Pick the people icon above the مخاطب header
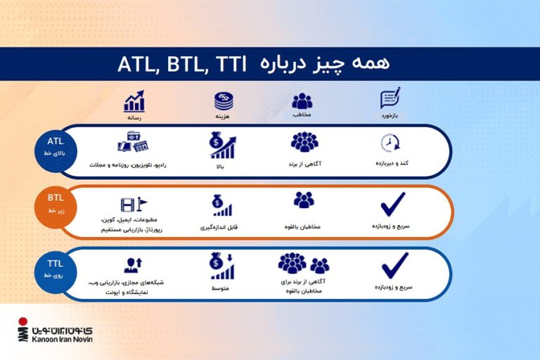click(x=302, y=101)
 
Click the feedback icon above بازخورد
click(x=390, y=98)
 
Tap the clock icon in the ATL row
click(x=390, y=143)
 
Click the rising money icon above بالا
click(x=222, y=146)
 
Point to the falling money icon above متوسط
click(x=222, y=266)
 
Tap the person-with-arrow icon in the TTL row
click(x=134, y=266)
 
